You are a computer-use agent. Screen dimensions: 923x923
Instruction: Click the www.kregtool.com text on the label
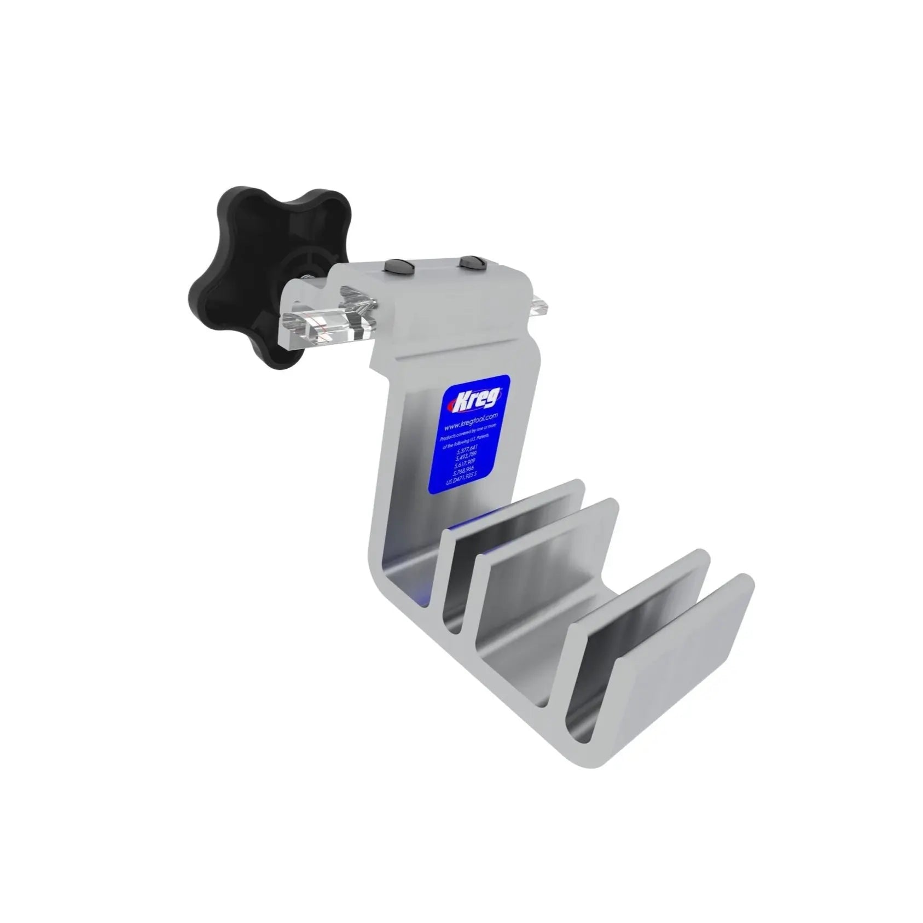click(471, 422)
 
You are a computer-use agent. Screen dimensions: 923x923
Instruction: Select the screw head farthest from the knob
click(469, 262)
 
